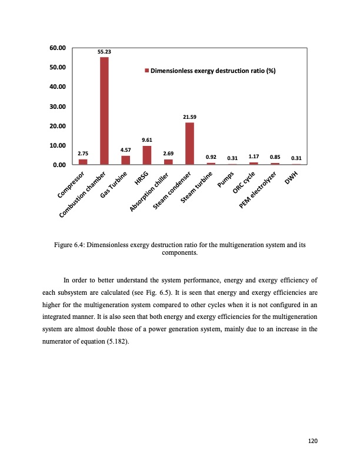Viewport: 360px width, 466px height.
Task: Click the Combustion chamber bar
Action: (104, 111)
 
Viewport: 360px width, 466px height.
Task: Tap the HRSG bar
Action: (147, 155)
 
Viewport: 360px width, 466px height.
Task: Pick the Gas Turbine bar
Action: (125, 160)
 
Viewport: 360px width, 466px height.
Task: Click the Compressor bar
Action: (83, 162)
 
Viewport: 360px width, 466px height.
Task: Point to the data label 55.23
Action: (104, 52)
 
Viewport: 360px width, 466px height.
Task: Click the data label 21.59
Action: (189, 117)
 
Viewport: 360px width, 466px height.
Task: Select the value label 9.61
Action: (147, 140)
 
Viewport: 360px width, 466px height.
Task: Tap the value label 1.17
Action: (254, 157)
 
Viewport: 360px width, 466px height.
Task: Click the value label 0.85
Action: (275, 157)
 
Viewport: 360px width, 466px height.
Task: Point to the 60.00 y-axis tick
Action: (57, 48)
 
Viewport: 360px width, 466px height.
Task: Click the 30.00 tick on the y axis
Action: (57, 106)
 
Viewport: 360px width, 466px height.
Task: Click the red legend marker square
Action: (147, 71)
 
